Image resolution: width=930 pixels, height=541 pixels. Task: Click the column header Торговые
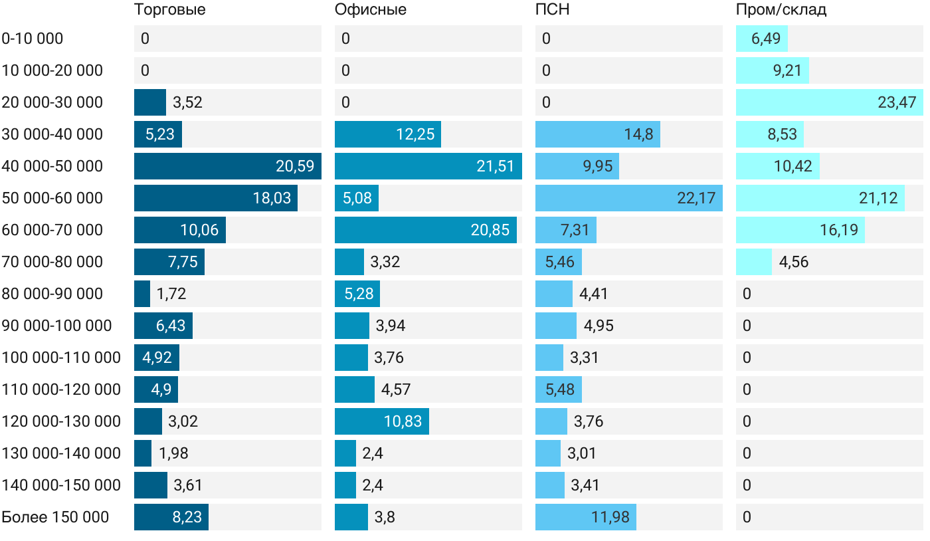tap(169, 10)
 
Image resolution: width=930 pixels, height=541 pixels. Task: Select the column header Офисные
tap(371, 10)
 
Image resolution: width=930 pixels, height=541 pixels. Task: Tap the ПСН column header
tap(553, 10)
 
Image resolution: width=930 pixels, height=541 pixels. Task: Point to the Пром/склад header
tap(781, 10)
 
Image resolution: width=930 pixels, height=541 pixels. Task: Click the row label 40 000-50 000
tap(52, 166)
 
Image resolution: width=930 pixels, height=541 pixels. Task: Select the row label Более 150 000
tap(55, 517)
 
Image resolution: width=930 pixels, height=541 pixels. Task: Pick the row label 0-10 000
tap(33, 39)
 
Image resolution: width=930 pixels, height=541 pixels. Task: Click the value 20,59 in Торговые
tap(295, 166)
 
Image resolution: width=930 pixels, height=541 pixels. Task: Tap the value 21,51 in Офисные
tap(496, 166)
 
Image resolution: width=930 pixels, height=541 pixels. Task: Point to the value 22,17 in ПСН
tap(696, 198)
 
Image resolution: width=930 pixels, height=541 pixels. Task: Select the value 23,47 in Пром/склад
tap(897, 102)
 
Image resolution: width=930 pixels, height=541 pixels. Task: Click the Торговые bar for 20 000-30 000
tap(150, 102)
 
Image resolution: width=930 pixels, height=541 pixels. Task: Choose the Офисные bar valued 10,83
tap(382, 421)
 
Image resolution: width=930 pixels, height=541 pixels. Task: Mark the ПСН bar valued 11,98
tap(586, 517)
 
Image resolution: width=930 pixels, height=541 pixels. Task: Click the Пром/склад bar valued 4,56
tap(754, 262)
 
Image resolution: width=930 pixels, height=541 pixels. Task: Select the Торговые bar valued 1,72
tap(142, 294)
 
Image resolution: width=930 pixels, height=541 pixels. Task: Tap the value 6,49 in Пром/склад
tap(766, 39)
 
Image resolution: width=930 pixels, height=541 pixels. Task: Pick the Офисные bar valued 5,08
tap(357, 198)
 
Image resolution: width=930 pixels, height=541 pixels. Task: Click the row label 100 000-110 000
tap(61, 358)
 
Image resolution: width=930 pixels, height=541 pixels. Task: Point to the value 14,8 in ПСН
tap(638, 134)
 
